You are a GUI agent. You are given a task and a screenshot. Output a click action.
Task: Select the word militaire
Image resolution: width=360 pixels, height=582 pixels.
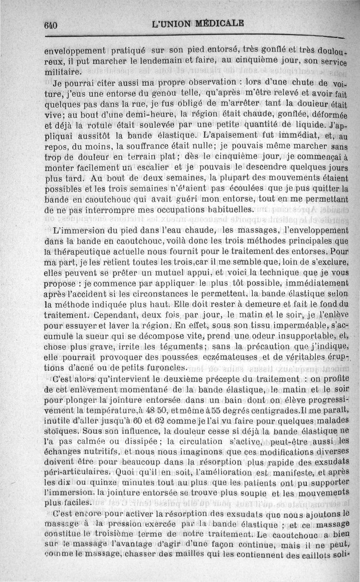pos(63,72)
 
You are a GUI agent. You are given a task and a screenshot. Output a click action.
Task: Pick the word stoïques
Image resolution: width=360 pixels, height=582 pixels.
pos(63,416)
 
